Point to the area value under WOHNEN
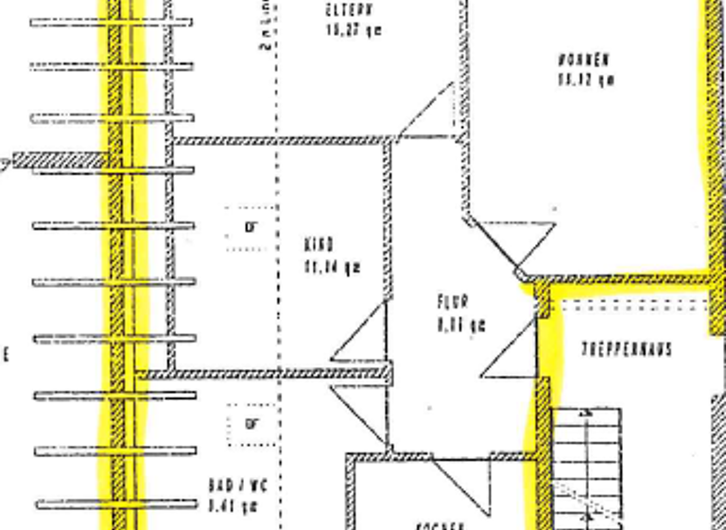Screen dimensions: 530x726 (586, 80)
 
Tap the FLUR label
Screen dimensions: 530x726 (452, 304)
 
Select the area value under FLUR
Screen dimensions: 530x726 (461, 326)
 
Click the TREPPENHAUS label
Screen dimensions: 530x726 (627, 349)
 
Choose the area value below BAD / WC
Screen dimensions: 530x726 (233, 504)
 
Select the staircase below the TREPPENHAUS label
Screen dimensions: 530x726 (587, 464)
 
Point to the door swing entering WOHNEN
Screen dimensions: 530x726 (515, 244)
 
